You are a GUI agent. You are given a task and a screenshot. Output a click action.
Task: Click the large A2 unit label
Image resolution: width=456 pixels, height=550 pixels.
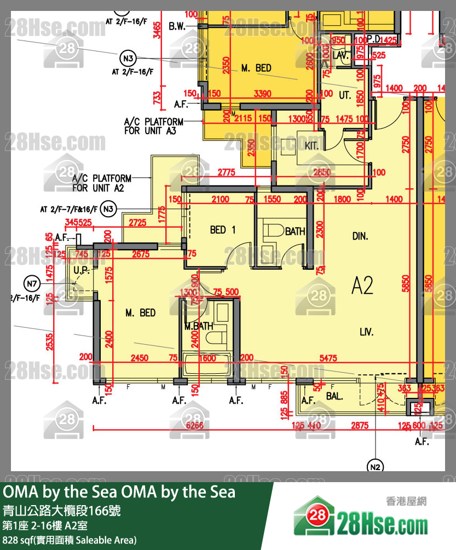click(x=362, y=285)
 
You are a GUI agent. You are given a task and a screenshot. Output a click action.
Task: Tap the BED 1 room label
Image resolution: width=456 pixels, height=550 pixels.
click(x=222, y=230)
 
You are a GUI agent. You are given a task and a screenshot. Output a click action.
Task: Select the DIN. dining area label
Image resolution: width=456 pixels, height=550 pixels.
click(x=360, y=236)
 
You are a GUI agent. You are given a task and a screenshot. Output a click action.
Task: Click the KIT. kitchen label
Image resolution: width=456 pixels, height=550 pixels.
click(x=311, y=146)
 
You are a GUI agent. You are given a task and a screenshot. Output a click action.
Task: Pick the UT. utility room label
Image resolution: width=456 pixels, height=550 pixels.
click(x=345, y=95)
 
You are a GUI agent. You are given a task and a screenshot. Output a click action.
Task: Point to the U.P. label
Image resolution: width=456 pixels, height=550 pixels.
click(x=80, y=270)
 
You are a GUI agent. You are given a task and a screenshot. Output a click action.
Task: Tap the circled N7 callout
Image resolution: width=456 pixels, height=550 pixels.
click(x=33, y=283)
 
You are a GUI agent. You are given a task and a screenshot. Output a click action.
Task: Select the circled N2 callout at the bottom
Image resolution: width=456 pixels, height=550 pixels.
click(x=375, y=466)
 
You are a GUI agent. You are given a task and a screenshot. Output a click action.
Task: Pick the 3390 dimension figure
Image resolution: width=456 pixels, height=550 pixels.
click(x=263, y=94)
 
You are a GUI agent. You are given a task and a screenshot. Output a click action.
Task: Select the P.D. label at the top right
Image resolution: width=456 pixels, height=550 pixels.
click(x=374, y=40)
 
